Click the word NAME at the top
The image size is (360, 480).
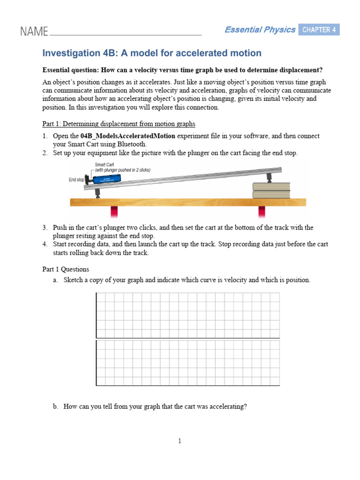pyautogui.click(x=34, y=31)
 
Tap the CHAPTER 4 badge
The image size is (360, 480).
pyautogui.click(x=319, y=30)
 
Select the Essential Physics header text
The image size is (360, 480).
pyautogui.click(x=260, y=30)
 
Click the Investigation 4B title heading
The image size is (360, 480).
pyautogui.click(x=152, y=53)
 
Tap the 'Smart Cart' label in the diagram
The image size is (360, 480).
pyautogui.click(x=104, y=165)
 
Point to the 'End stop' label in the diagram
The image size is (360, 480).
pyautogui.click(x=76, y=180)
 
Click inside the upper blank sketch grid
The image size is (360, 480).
pyautogui.click(x=187, y=315)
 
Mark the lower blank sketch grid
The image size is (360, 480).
pyautogui.click(x=187, y=363)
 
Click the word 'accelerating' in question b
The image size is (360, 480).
pyautogui.click(x=227, y=407)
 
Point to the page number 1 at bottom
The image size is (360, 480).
pyautogui.click(x=180, y=441)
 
